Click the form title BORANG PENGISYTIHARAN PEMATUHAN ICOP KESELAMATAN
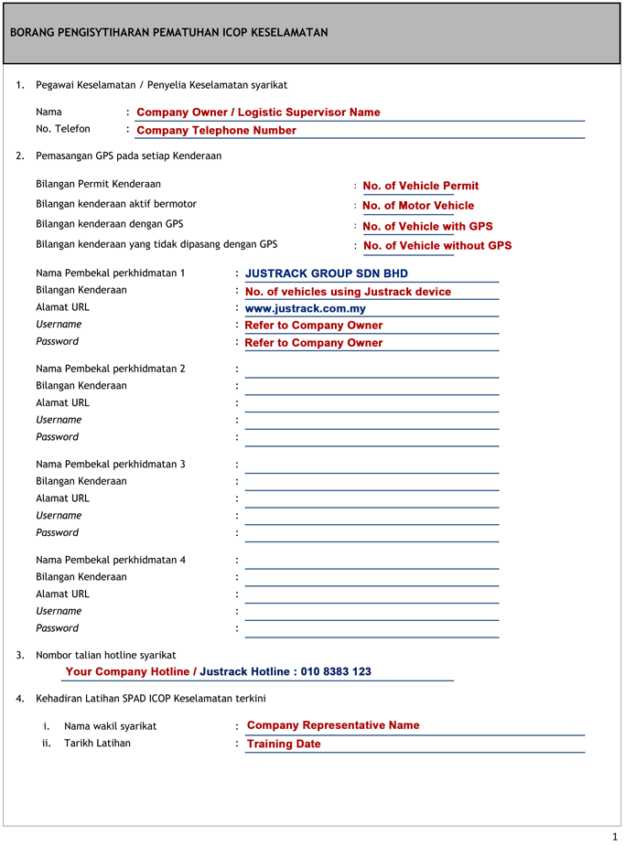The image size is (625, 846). [168, 33]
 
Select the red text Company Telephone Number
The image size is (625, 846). [216, 131]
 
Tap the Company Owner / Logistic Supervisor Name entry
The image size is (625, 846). [258, 112]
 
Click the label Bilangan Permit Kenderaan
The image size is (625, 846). [98, 184]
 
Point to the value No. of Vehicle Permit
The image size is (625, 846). [420, 186]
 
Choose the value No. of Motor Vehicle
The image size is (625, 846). [418, 206]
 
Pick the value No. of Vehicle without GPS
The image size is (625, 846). [437, 246]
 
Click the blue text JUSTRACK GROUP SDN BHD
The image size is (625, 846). [327, 273]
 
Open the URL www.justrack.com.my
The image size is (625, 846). [305, 308]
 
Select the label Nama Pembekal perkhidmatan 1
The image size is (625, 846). [110, 273]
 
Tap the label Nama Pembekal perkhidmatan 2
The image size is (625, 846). [110, 369]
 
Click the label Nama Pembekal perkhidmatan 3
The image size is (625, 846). [110, 464]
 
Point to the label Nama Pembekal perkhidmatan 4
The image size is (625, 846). [110, 560]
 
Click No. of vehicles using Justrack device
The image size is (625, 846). [348, 292]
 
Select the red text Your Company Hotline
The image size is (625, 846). [127, 671]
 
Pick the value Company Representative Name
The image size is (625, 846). [333, 725]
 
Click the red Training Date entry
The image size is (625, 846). [284, 744]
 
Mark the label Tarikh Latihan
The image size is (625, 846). [97, 743]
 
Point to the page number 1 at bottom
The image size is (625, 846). [614, 836]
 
